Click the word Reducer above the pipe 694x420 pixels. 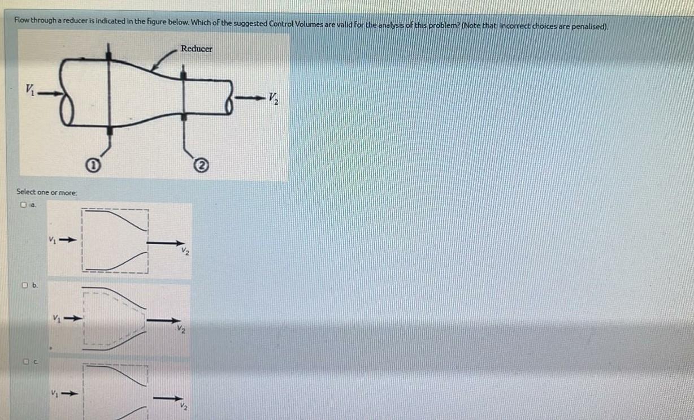[x=197, y=49]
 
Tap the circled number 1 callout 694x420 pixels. [x=95, y=167]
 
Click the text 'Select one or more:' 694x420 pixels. [x=47, y=193]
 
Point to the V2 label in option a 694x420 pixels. [x=185, y=252]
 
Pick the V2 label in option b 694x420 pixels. [x=180, y=330]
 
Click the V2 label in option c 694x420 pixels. [x=182, y=405]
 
